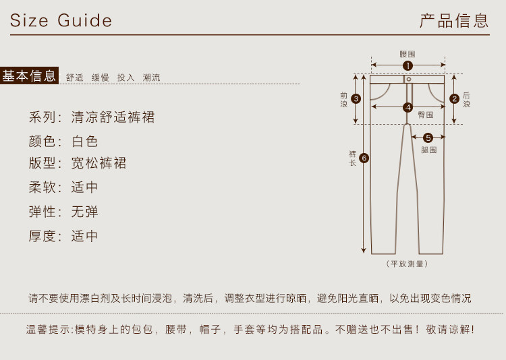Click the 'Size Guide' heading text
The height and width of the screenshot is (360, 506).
61,21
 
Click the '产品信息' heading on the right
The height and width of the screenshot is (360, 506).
454,20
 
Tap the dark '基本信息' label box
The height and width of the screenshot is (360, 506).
30,76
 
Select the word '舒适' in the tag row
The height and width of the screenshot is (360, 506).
75,78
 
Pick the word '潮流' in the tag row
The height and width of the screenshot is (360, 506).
152,78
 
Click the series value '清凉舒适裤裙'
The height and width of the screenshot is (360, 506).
113,117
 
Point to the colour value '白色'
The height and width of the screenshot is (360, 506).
85,142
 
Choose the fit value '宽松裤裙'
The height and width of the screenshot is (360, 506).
99,163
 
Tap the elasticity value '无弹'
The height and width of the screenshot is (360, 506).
85,212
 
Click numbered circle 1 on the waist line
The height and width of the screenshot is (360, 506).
407,65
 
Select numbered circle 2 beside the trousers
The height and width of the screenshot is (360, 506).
455,98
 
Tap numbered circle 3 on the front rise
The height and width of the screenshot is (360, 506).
356,98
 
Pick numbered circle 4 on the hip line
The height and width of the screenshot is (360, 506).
407,107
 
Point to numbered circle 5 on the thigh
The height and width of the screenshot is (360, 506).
428,138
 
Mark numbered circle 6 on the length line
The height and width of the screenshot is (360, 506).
364,158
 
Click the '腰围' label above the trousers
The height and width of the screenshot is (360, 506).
407,54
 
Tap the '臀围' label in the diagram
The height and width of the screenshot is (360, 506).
426,115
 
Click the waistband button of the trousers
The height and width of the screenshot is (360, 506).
408,79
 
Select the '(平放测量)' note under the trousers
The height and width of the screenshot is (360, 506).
407,264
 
